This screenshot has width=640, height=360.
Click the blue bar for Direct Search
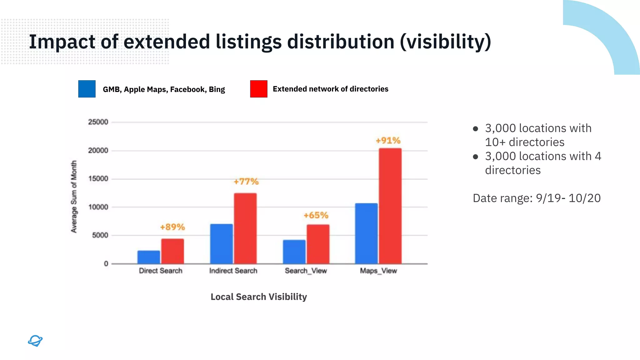click(149, 257)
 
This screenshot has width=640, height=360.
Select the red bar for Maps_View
click(390, 206)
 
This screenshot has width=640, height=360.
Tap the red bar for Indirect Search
click(245, 228)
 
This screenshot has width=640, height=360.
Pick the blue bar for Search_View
click(294, 252)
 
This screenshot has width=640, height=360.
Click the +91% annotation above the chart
click(388, 141)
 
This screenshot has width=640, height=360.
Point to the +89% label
click(172, 227)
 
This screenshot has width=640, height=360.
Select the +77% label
click(246, 182)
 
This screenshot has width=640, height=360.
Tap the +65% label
click(316, 215)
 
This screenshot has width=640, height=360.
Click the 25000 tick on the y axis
click(98, 122)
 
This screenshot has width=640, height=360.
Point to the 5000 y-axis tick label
click(100, 235)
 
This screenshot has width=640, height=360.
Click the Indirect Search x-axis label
click(233, 271)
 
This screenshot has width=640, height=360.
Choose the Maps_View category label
click(378, 271)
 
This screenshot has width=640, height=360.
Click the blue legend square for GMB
click(87, 89)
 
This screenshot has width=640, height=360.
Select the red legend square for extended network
click(259, 89)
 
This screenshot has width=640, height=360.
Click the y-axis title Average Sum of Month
click(74, 197)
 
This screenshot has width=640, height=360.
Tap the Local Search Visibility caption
click(259, 297)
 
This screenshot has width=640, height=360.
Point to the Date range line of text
click(537, 198)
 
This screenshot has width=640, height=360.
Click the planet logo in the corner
click(35, 341)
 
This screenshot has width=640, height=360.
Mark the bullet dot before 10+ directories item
click(475, 129)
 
